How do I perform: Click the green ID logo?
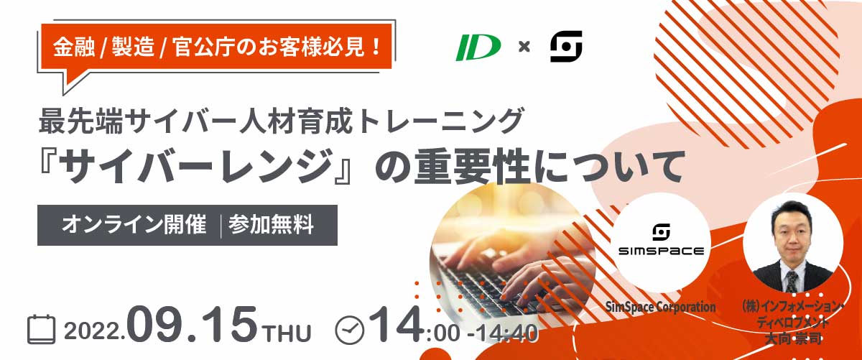pos(478,47)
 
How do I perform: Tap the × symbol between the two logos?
pos(524,47)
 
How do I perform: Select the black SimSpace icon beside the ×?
pos(566,46)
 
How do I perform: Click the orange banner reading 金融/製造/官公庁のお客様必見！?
pos(216,47)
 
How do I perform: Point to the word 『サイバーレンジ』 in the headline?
pos(196,167)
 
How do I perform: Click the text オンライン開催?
pos(134,224)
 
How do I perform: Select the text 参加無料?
pos(271,224)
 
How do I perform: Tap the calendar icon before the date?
pos(42,330)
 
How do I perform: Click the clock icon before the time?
pos(349,330)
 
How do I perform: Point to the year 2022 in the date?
pos(93,331)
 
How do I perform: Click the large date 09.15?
pos(192,325)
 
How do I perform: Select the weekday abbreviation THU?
pos(287,333)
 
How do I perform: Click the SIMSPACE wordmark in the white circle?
pos(661,251)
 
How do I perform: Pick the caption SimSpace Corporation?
pos(660,307)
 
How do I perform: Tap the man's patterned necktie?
pos(791,281)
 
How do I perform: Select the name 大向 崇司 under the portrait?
pos(793,339)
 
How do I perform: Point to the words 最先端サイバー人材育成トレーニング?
pos(282,121)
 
